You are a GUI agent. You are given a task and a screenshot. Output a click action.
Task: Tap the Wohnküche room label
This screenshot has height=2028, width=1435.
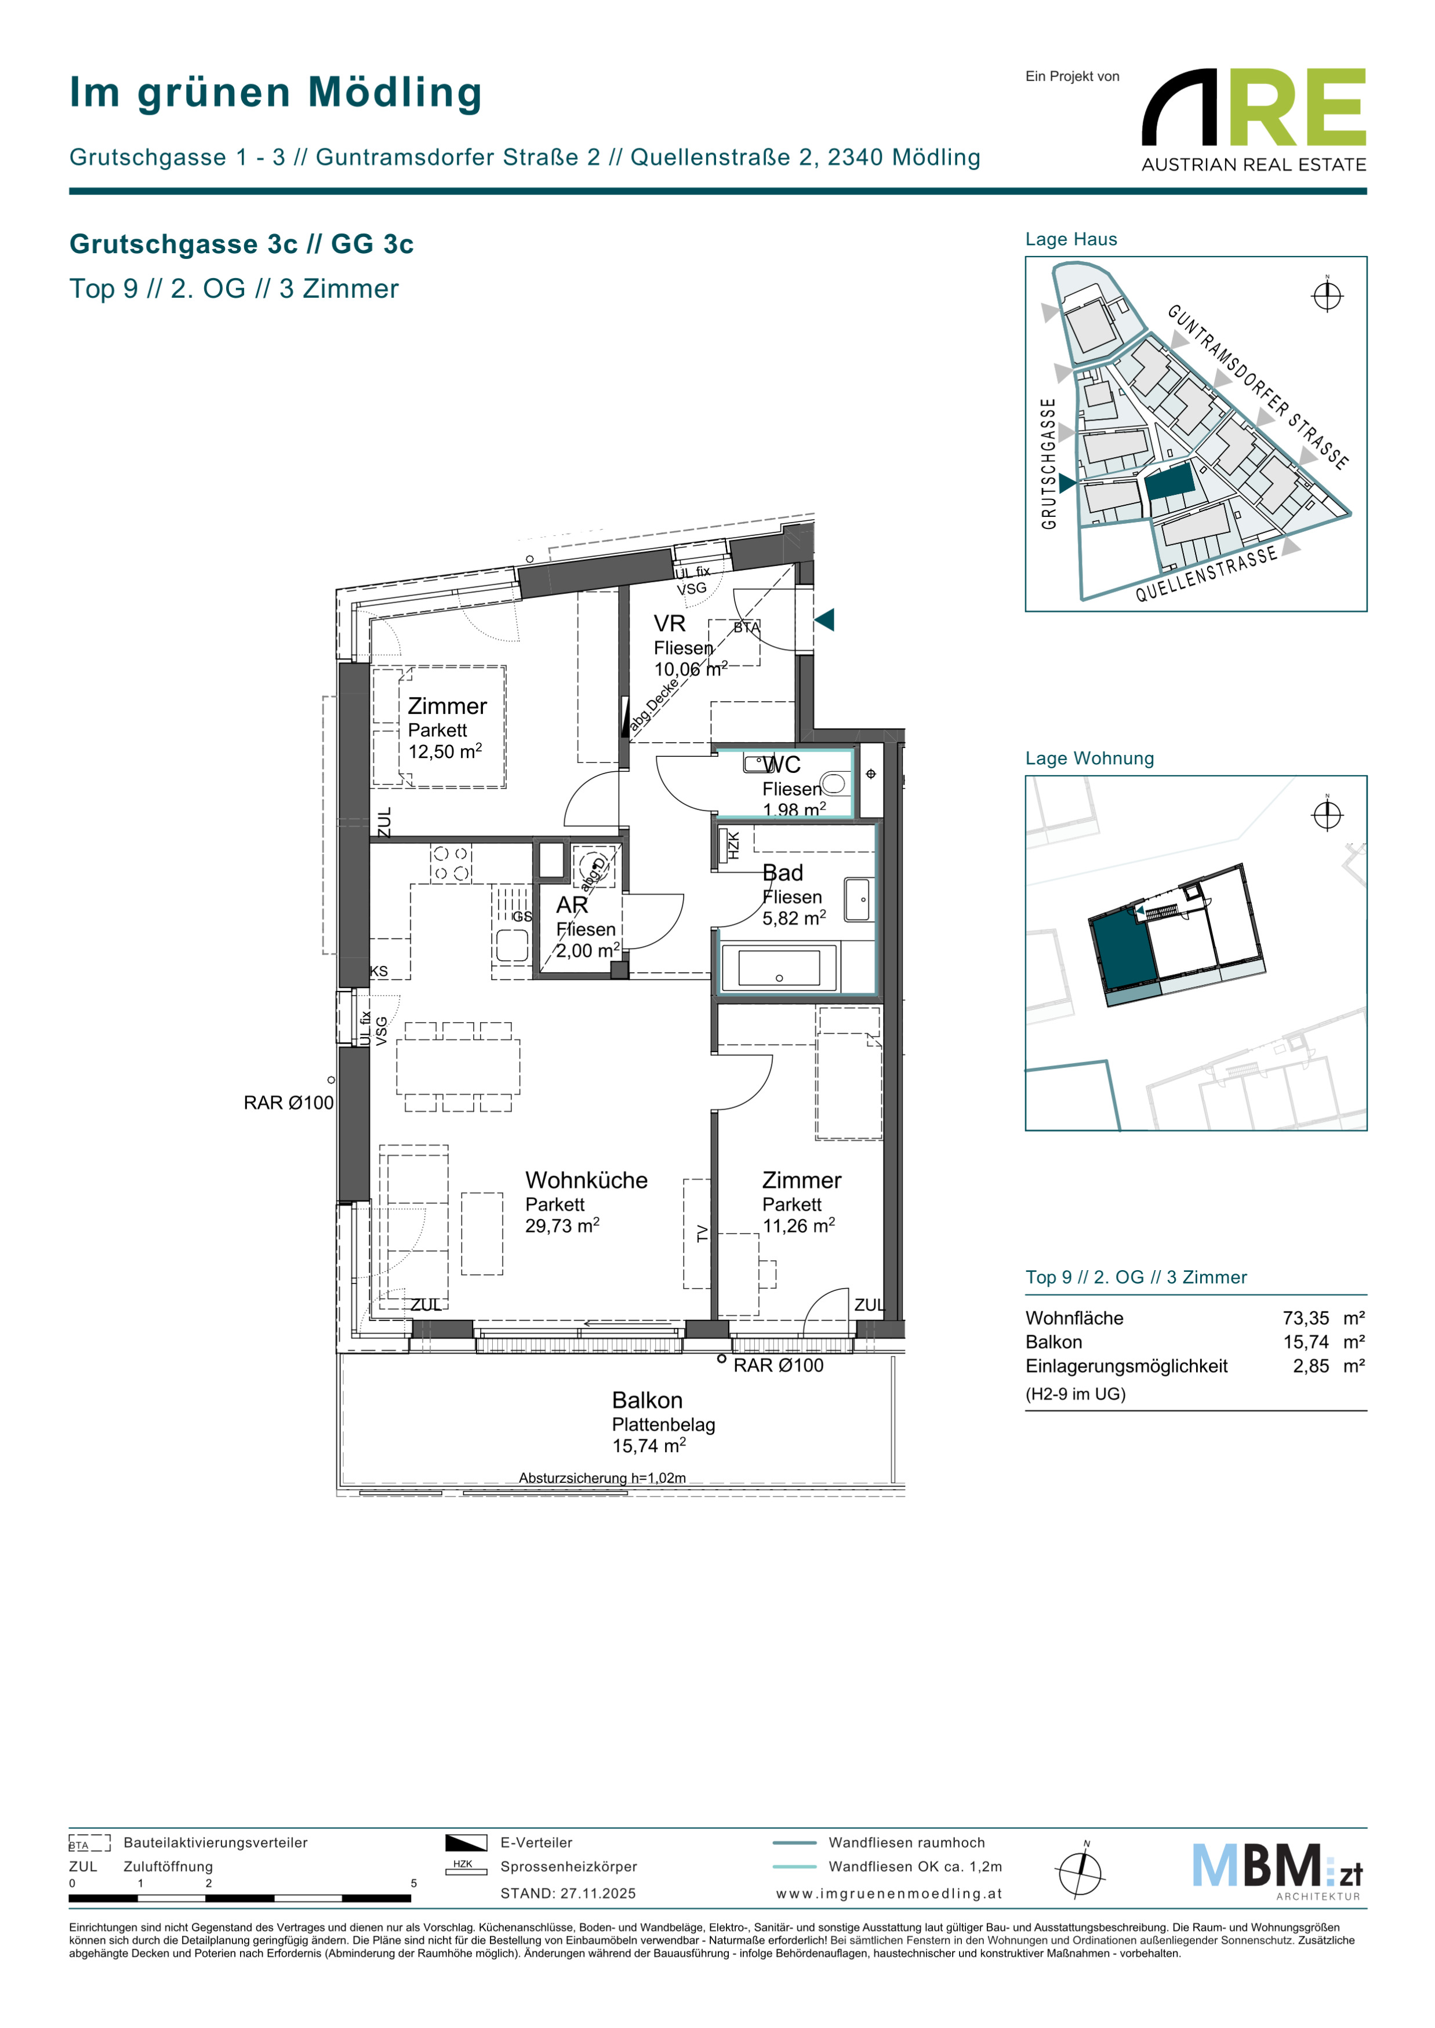click(586, 1180)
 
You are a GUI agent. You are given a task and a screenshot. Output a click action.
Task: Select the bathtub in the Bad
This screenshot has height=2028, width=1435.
click(779, 968)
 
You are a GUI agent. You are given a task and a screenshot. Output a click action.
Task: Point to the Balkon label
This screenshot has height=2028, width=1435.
click(647, 1400)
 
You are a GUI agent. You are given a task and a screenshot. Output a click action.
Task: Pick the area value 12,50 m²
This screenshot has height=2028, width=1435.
click(445, 752)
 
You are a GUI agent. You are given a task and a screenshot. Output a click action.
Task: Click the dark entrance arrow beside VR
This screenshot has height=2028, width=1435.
click(824, 620)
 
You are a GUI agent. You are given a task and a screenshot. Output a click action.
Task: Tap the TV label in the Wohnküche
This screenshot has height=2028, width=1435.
click(703, 1233)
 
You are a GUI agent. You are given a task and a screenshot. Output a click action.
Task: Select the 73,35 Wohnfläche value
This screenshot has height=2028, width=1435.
click(1306, 1318)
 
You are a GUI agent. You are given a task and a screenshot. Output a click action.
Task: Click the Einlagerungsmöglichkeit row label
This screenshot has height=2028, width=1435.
click(1126, 1366)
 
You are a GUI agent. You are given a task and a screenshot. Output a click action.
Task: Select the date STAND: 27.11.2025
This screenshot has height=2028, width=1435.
click(567, 1893)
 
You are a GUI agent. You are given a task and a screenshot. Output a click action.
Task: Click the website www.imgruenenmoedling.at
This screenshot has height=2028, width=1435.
click(889, 1893)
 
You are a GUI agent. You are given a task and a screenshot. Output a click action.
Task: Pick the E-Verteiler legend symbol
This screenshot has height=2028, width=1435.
click(466, 1843)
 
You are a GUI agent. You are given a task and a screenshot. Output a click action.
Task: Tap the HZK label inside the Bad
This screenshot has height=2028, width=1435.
click(732, 846)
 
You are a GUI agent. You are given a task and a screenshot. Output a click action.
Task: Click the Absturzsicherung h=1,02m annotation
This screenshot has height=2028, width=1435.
click(602, 1478)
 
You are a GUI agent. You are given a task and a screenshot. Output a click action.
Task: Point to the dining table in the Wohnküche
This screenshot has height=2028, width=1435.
click(457, 1067)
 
